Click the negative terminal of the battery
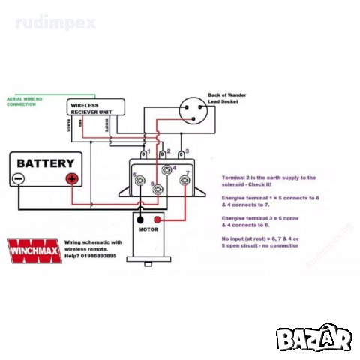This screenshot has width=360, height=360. pyautogui.click(x=19, y=179)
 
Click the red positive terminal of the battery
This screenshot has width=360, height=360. pyautogui.click(x=73, y=179)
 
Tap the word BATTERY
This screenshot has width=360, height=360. pyautogui.click(x=46, y=163)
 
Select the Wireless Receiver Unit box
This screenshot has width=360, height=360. pyautogui.click(x=94, y=109)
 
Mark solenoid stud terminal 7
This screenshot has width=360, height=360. pyautogui.click(x=184, y=180)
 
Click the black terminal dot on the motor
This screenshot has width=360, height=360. pyautogui.click(x=139, y=220)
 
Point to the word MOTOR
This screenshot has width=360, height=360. pyautogui.click(x=148, y=230)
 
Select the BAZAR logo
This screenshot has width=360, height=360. pyautogui.click(x=314, y=338)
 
